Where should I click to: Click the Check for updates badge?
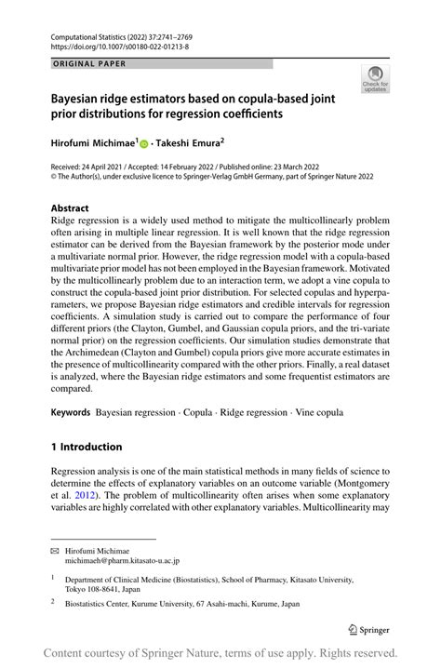[x=377, y=80]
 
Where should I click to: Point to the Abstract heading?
[x=70, y=208]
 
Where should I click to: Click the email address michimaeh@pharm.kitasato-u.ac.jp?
[x=123, y=562]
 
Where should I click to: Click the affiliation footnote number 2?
[x=54, y=603]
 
